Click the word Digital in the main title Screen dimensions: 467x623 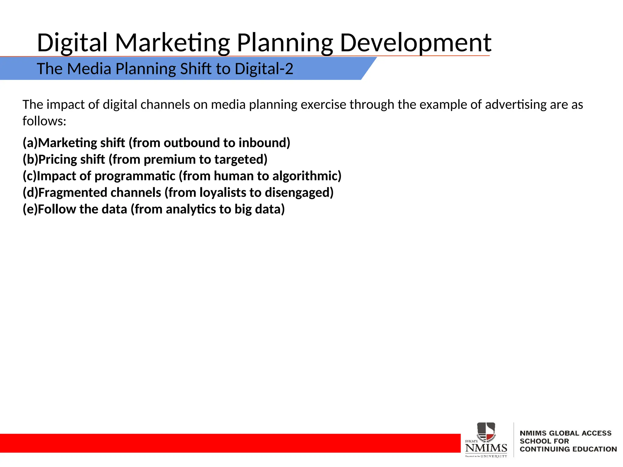point(72,43)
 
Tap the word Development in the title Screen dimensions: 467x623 point(415,43)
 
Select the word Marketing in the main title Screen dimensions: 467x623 point(172,43)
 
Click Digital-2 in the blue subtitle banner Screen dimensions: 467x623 point(264,69)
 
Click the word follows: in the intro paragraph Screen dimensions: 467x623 point(44,121)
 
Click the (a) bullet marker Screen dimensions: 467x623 point(30,143)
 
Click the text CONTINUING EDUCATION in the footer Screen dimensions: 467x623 point(568,449)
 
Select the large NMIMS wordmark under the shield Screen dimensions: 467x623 point(486,448)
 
